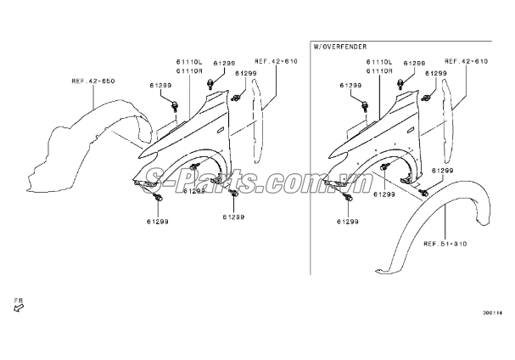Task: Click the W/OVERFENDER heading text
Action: pyautogui.click(x=340, y=47)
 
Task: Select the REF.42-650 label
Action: pyautogui.click(x=93, y=81)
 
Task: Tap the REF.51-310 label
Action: pyautogui.click(x=445, y=244)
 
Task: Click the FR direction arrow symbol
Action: pyautogui.click(x=19, y=307)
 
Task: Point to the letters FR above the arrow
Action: pyautogui.click(x=19, y=301)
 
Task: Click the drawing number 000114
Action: pyautogui.click(x=492, y=313)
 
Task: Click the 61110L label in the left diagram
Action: pyautogui.click(x=189, y=62)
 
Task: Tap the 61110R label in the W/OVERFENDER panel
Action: pyautogui.click(x=379, y=70)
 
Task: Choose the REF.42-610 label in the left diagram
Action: pyautogui.click(x=276, y=61)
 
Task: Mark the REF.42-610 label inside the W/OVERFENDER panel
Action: pyautogui.click(x=466, y=61)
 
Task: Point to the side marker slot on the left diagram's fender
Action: pyautogui.click(x=220, y=130)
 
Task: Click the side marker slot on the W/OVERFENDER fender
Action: pyautogui.click(x=411, y=130)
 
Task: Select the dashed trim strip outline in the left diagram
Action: pyautogui.click(x=256, y=121)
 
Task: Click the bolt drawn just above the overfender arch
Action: pyautogui.click(x=423, y=193)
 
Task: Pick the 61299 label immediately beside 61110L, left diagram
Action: pyautogui.click(x=224, y=63)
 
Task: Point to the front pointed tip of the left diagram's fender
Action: pyautogui.click(x=139, y=157)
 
